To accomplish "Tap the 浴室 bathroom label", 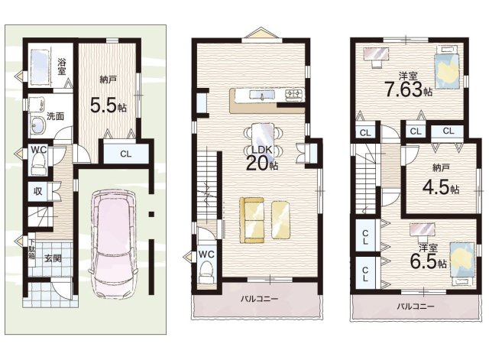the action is click(61, 66).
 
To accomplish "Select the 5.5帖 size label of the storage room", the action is click(108, 105).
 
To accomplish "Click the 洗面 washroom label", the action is click(56, 116).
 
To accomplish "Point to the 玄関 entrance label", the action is click(53, 258).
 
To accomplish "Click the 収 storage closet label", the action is click(37, 191).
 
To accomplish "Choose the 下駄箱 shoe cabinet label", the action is click(31, 249).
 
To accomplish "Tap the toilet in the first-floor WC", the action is click(39, 165).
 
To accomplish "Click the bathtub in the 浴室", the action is click(40, 66).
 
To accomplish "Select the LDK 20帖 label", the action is click(262, 158).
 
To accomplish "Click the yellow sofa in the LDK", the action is click(252, 220).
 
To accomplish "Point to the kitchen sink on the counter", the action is click(261, 95).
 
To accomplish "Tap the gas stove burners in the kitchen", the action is click(294, 94).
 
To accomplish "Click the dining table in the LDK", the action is click(263, 139).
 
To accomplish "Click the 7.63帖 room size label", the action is click(408, 89).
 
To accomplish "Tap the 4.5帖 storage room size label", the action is click(441, 188).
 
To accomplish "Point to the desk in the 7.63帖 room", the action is click(376, 54).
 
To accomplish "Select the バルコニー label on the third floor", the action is click(416, 306).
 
